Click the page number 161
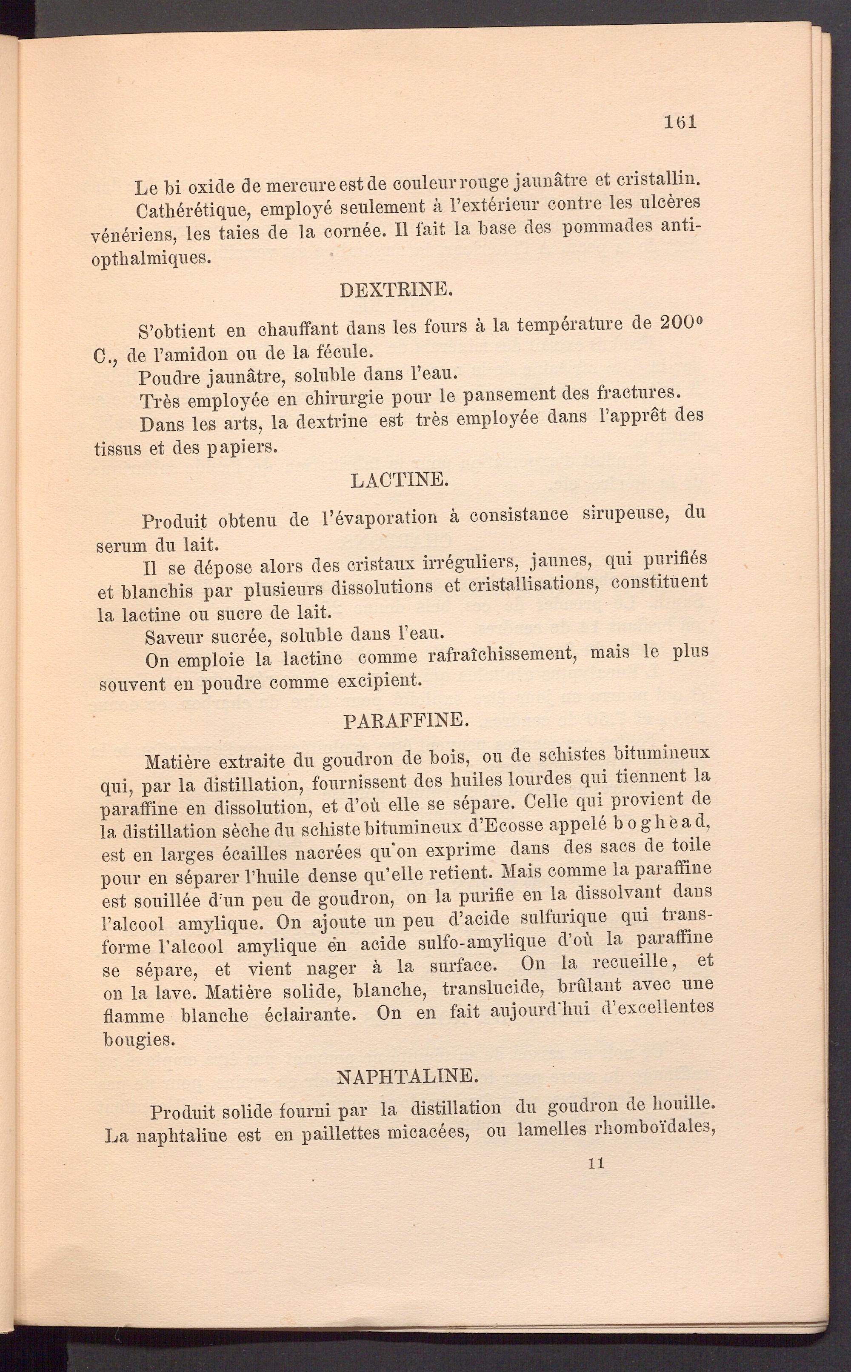[680, 122]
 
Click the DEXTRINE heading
[396, 290]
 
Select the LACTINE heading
[399, 480]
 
